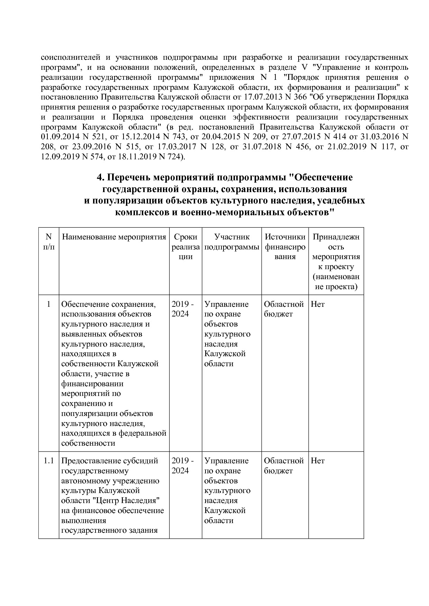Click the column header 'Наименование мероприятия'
coord(114,237)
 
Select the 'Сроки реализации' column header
coord(185,247)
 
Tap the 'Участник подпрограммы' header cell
coord(231,242)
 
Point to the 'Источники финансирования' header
coord(285,247)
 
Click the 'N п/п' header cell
coord(49,242)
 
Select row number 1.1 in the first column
coord(49,461)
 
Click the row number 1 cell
coord(49,304)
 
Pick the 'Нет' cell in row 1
coord(318,304)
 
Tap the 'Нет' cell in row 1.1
coord(318,461)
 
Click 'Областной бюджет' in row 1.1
coord(284,466)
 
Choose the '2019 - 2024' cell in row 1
coord(182,309)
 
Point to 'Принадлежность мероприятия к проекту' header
coord(336,262)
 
